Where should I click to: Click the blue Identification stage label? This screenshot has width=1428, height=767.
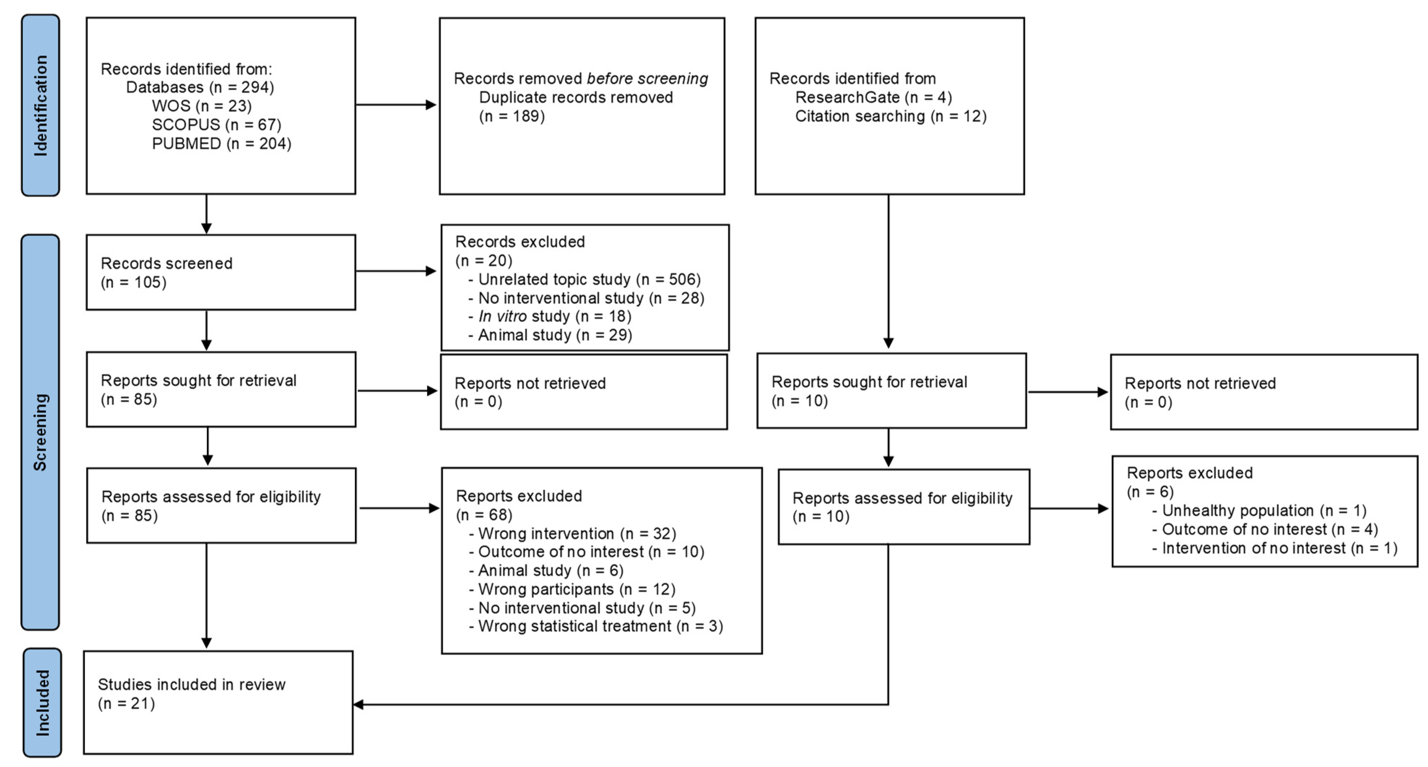(x=40, y=105)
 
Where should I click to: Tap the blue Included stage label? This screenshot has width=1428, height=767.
(x=43, y=703)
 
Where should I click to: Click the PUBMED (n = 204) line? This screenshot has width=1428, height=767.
(x=221, y=144)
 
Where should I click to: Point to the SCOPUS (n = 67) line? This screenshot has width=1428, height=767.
(x=216, y=125)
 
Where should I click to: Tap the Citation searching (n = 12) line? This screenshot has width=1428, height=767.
(x=890, y=117)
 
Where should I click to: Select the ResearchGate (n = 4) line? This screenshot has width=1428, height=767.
(x=873, y=97)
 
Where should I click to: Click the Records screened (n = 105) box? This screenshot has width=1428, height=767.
(x=221, y=272)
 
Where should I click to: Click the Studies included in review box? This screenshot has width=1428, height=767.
(x=218, y=702)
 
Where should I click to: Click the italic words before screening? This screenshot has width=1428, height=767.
(x=647, y=79)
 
